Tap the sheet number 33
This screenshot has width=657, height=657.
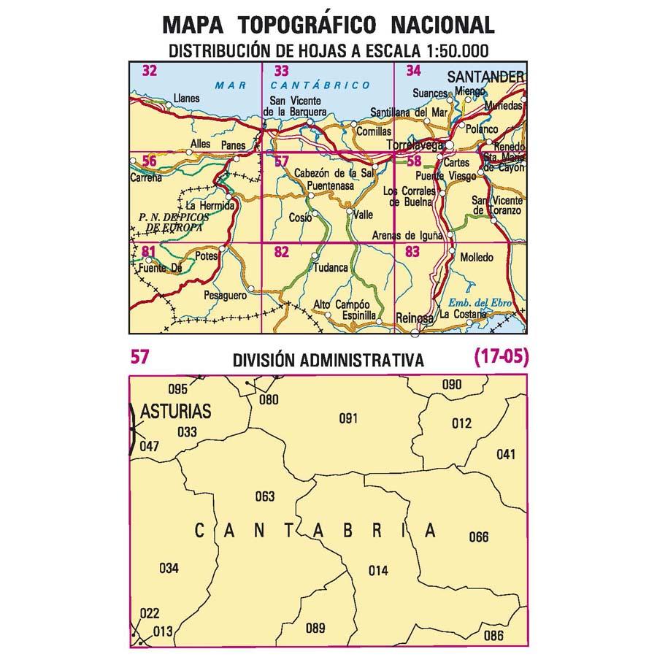click(281, 72)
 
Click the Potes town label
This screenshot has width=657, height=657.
click(207, 256)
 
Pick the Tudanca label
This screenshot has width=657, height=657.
click(330, 268)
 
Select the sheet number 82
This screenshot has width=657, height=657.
click(281, 253)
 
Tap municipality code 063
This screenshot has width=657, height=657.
click(265, 497)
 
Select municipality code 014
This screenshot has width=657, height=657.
click(378, 571)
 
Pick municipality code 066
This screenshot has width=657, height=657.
click(479, 538)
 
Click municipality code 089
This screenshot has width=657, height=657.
click(315, 628)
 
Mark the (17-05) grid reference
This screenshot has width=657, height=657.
click(500, 357)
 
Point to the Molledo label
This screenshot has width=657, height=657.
click(477, 258)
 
